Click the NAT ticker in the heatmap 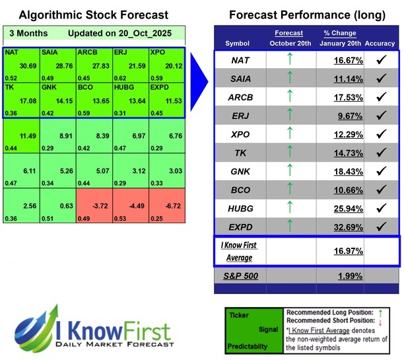tap(11, 51)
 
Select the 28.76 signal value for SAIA tap(61, 66)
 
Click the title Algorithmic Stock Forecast tap(93, 15)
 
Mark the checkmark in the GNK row tap(380, 171)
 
